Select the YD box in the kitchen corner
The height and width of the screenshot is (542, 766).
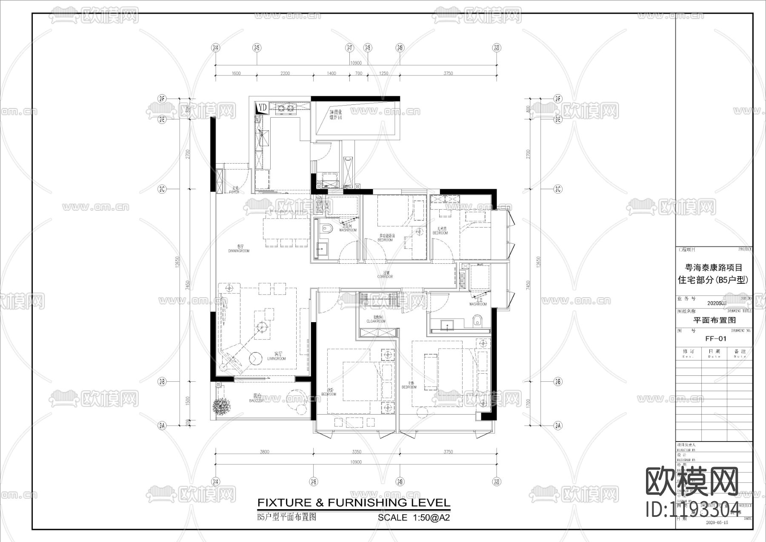(262, 108)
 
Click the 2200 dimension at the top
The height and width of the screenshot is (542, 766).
(285, 73)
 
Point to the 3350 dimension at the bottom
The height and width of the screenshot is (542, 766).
(356, 452)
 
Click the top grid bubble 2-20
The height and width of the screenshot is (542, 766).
(497, 48)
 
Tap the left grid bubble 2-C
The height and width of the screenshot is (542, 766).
(162, 189)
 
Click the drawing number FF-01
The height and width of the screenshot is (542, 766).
(716, 339)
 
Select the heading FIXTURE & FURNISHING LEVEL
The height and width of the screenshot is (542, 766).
(354, 503)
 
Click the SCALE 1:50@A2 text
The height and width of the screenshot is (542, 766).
(414, 518)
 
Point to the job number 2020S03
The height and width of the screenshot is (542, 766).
(717, 303)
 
